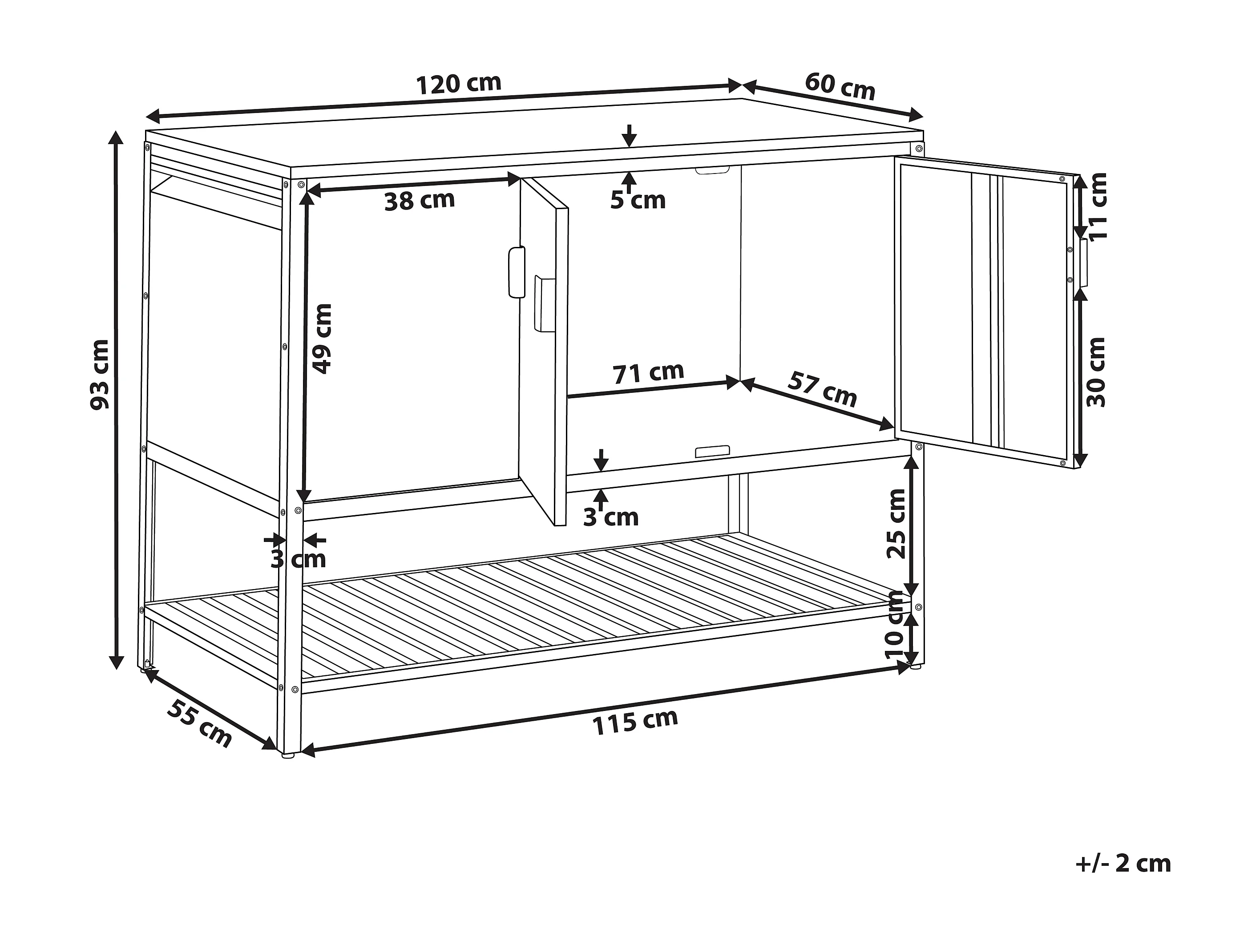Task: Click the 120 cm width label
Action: [x=459, y=84]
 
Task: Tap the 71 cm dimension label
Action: [x=648, y=373]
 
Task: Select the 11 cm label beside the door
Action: [x=1097, y=206]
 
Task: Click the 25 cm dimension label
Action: [x=897, y=524]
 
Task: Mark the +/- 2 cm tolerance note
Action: [x=1123, y=880]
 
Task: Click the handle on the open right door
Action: [x=1082, y=262]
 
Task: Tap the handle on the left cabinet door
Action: [x=516, y=272]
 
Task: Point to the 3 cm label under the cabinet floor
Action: [x=610, y=517]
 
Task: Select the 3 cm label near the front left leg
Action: [x=298, y=559]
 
